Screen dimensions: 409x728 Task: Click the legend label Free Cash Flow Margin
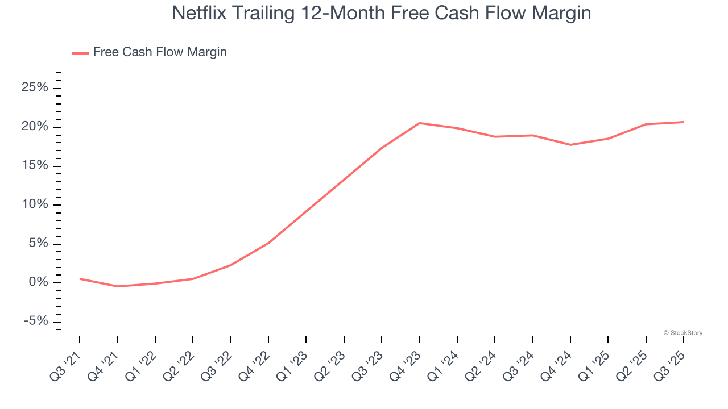(x=160, y=52)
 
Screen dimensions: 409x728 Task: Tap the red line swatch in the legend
(x=80, y=53)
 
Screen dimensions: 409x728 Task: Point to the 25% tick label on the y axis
(x=35, y=87)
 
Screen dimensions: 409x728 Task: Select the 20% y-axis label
(x=35, y=127)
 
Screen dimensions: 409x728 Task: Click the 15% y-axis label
(x=35, y=166)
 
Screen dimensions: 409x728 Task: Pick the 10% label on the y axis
(x=35, y=204)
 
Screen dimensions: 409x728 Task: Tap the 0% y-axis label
(x=38, y=283)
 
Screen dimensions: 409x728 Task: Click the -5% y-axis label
(x=35, y=322)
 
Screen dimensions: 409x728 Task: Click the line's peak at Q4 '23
(x=419, y=123)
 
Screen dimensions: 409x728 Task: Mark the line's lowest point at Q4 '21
(x=117, y=286)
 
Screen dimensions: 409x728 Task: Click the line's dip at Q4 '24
(x=570, y=145)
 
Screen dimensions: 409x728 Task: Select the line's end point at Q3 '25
(x=683, y=122)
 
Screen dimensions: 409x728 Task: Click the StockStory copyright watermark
(x=682, y=333)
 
